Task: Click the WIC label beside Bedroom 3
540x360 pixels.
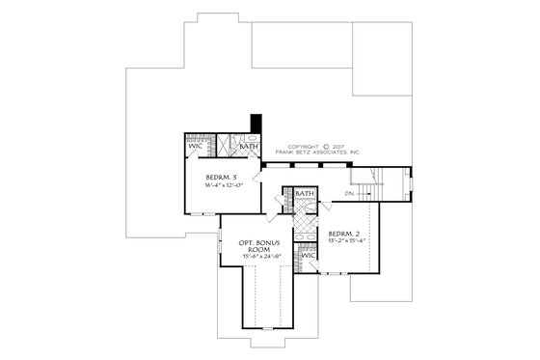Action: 194,147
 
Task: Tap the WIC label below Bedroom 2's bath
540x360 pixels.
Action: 308,255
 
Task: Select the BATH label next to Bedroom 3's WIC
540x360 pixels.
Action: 248,147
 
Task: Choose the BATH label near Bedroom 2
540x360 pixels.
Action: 305,194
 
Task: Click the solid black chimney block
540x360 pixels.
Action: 256,125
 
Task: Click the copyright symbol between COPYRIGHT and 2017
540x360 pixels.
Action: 325,147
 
